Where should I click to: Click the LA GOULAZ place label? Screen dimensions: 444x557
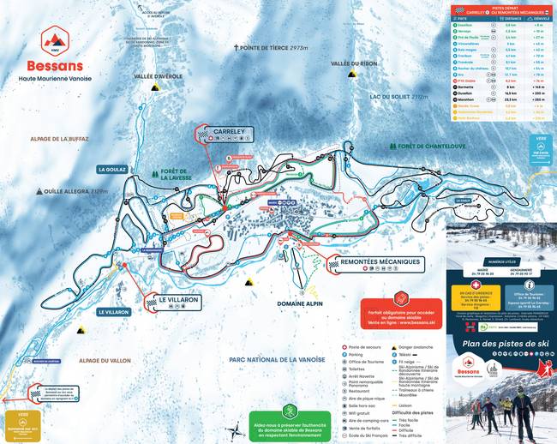pyautogui.click(x=111, y=170)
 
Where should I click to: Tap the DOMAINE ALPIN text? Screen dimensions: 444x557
pyautogui.click(x=301, y=303)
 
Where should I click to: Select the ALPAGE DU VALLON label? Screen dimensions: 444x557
pyautogui.click(x=103, y=361)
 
